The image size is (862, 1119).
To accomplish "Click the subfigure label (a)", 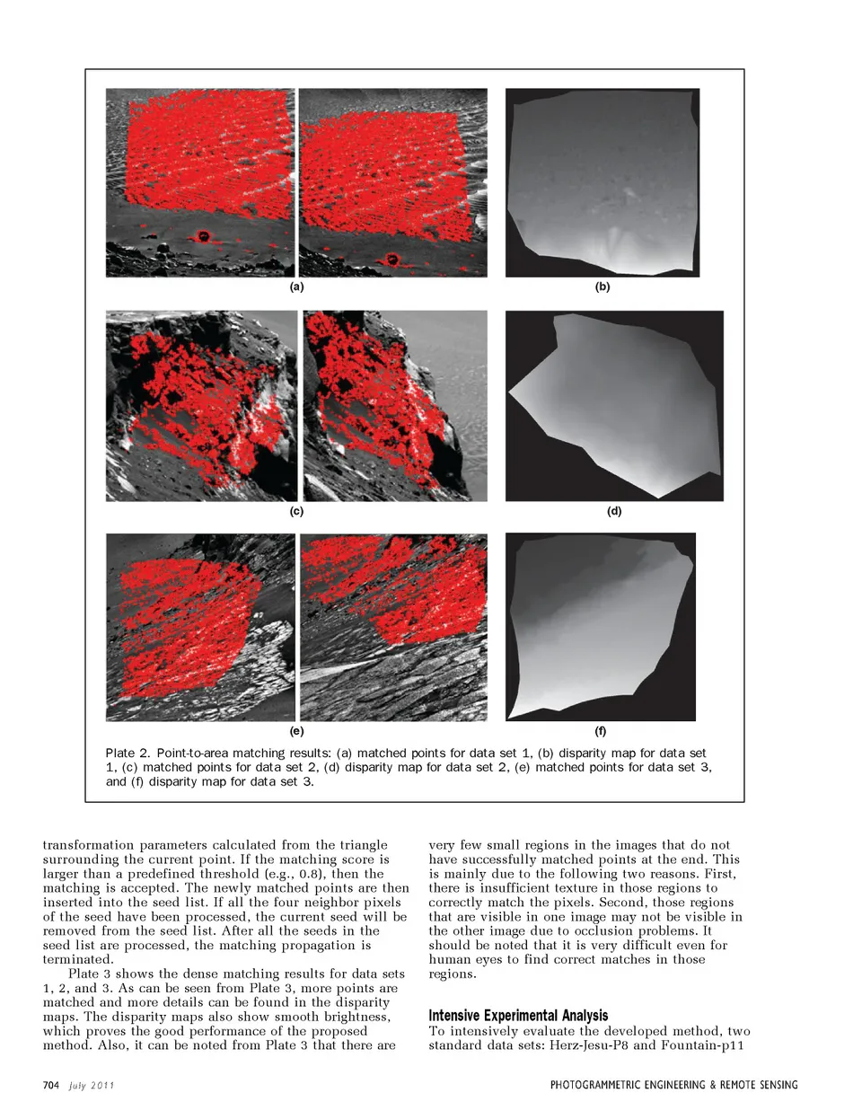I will (x=296, y=286).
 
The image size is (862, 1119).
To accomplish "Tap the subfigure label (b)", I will (x=603, y=286).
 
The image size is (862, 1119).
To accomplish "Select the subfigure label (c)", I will (x=296, y=511).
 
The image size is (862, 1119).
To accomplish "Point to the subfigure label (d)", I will (x=614, y=511).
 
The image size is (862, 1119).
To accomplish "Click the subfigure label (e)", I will (x=296, y=731).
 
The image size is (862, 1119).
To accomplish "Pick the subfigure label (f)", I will (x=601, y=731).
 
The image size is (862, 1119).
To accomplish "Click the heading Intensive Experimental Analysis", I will (x=518, y=1016).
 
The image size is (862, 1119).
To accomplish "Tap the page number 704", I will (x=51, y=1085).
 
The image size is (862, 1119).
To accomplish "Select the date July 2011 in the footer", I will (x=92, y=1085).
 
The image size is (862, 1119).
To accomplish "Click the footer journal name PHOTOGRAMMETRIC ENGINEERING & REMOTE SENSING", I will (x=673, y=1085).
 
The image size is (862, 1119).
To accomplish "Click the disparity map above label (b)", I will (x=603, y=182).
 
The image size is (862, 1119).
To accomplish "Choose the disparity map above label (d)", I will (x=614, y=406).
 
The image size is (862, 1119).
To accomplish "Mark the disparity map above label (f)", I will (x=601, y=627).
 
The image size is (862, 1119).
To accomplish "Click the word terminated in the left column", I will (x=78, y=960).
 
